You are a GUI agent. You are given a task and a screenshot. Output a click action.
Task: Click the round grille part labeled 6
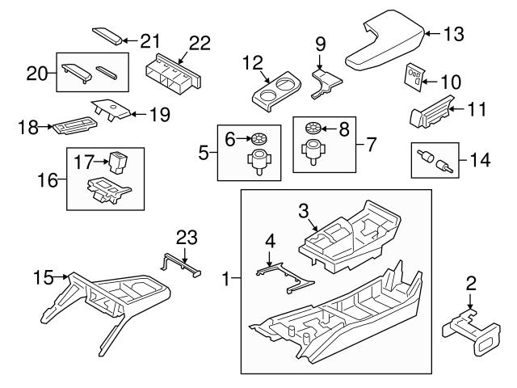[x=260, y=138]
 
